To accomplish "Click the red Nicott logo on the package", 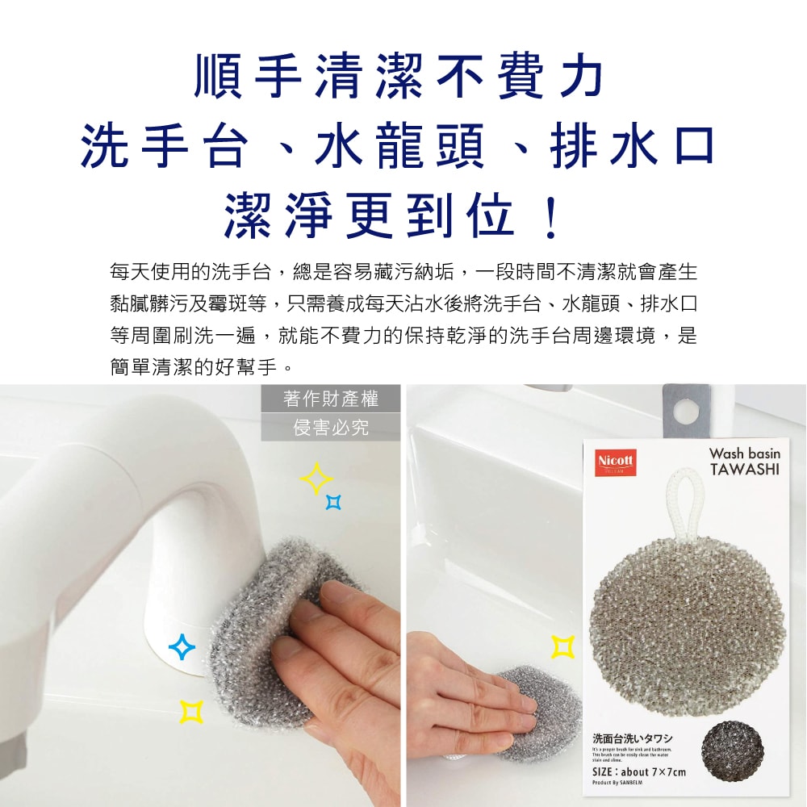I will click(616, 462).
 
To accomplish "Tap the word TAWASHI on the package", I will click(744, 470).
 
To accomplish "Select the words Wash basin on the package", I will click(744, 454).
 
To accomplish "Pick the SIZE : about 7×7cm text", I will click(639, 772).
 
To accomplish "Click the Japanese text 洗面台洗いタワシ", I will click(633, 738).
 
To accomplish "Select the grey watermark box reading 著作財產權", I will click(331, 398).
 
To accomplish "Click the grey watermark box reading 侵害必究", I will click(331, 427).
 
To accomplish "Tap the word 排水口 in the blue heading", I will click(633, 148).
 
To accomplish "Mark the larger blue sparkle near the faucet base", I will click(182, 646).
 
